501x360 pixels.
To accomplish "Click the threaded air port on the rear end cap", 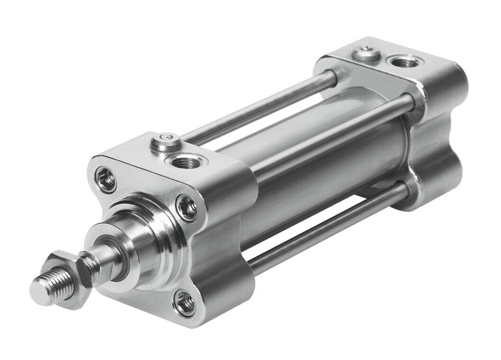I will (x=398, y=61).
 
